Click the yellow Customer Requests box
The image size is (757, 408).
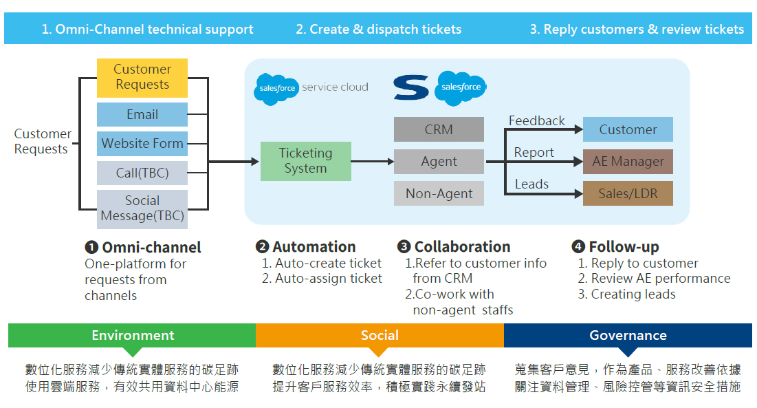click(x=142, y=77)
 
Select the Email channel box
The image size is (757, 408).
click(x=142, y=114)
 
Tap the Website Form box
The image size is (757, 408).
click(x=142, y=144)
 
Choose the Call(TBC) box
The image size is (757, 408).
click(x=142, y=173)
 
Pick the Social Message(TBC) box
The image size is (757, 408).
click(x=142, y=208)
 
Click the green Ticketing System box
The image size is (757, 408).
click(x=305, y=161)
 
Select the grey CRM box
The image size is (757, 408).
click(x=439, y=129)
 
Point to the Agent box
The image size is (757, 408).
click(x=439, y=162)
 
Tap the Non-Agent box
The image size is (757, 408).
click(x=439, y=193)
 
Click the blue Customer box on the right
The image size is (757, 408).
click(x=628, y=129)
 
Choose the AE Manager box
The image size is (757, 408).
click(x=628, y=162)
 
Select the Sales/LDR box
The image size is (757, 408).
click(x=628, y=193)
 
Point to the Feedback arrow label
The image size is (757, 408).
click(x=536, y=121)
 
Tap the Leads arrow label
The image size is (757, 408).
click(x=531, y=184)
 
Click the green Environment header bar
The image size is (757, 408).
click(x=132, y=335)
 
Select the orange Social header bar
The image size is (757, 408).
click(x=380, y=335)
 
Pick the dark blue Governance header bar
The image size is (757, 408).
click(x=628, y=335)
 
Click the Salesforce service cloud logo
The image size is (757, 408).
click(x=311, y=88)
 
